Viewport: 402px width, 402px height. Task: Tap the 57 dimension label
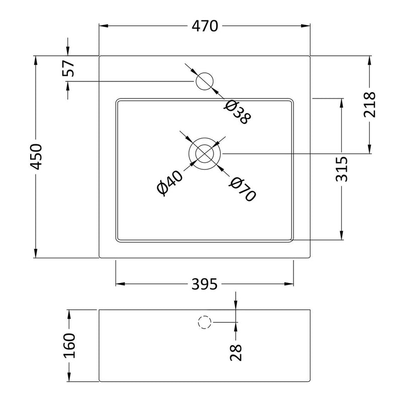click(x=68, y=68)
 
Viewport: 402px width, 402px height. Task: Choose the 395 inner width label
click(x=204, y=284)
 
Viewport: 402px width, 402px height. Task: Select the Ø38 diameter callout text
click(x=237, y=112)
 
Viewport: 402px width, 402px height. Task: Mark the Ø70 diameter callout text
click(x=242, y=189)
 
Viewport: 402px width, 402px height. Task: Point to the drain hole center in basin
click(x=204, y=153)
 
